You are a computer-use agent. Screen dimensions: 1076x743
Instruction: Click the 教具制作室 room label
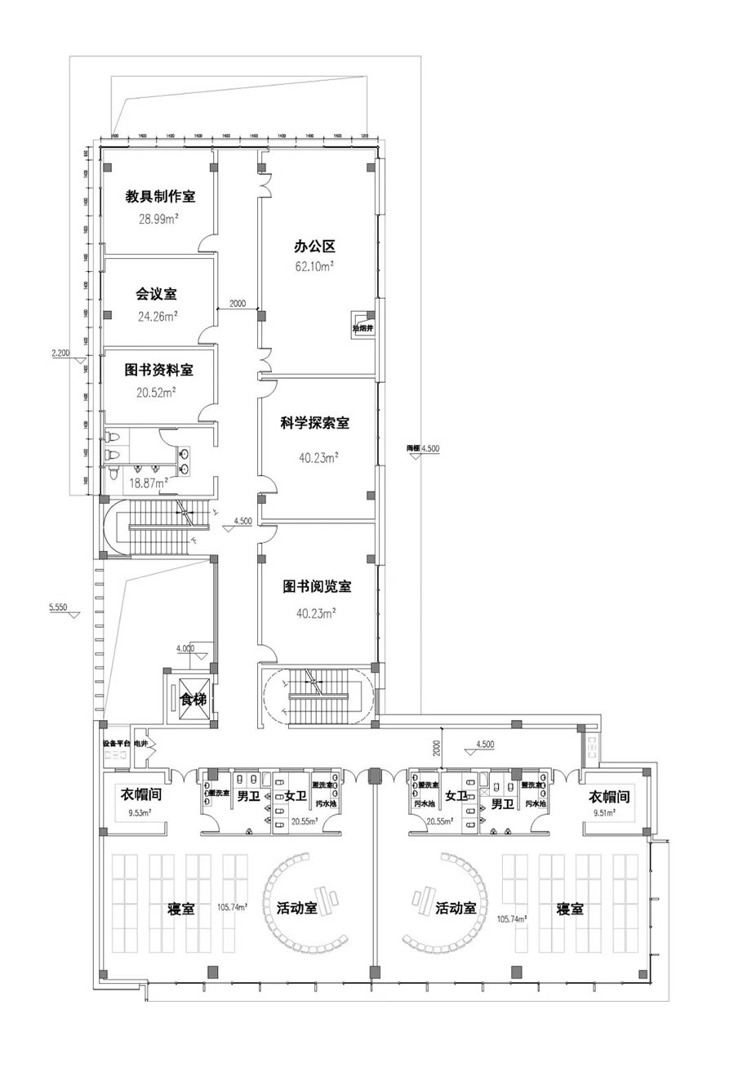tap(159, 197)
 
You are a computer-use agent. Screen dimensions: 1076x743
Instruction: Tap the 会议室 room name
tap(156, 294)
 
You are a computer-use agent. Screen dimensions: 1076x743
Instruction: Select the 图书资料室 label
tap(158, 370)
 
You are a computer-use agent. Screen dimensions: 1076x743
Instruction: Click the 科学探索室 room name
tap(315, 423)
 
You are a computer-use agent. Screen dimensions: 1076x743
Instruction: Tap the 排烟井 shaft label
tap(362, 328)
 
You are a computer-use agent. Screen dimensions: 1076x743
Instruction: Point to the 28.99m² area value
tap(158, 219)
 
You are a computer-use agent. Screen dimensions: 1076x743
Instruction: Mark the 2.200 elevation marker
tap(61, 353)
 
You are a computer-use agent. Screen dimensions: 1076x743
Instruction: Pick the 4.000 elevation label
tap(186, 647)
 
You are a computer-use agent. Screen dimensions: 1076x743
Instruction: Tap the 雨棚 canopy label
tap(416, 447)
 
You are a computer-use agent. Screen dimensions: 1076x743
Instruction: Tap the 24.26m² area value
tap(158, 316)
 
